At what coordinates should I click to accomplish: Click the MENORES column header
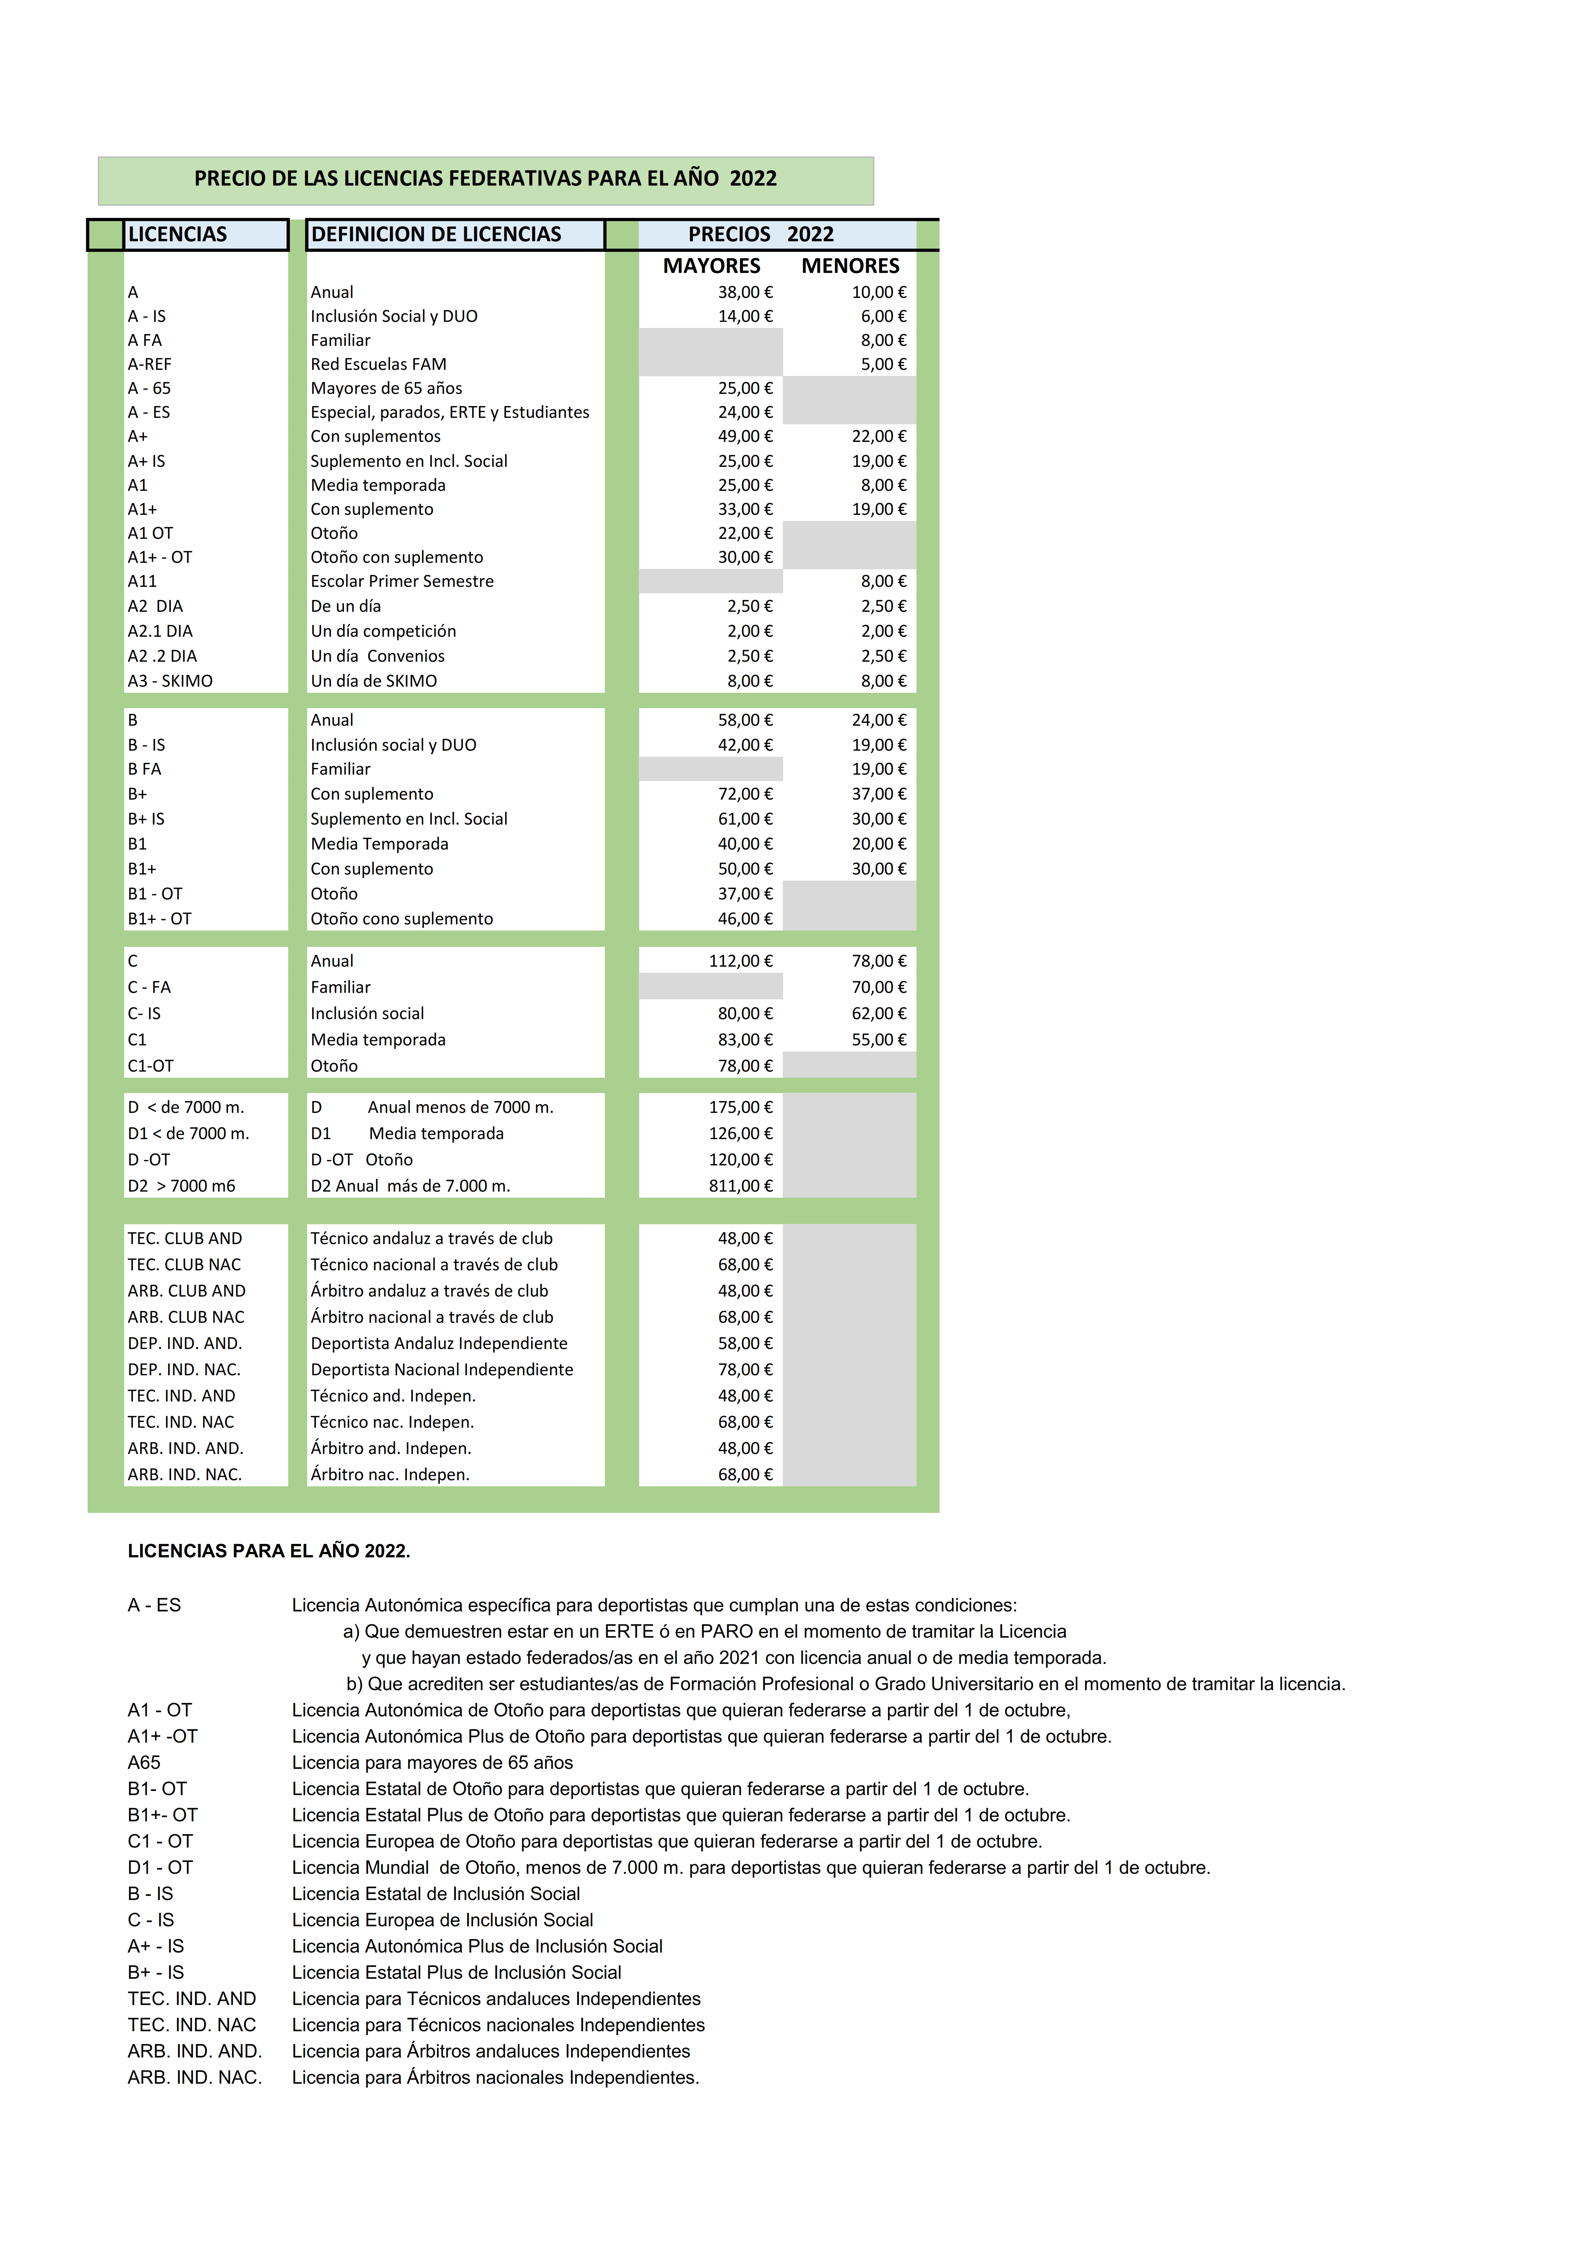(x=850, y=266)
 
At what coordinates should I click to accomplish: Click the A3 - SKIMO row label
(x=170, y=681)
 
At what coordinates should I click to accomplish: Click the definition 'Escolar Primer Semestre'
(x=402, y=581)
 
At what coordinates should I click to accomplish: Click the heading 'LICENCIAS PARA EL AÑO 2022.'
(x=269, y=1551)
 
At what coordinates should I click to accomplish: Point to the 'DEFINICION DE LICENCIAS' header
(x=436, y=235)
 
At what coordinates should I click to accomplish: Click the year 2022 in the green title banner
(x=753, y=179)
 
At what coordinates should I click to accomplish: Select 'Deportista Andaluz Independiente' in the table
(x=439, y=1344)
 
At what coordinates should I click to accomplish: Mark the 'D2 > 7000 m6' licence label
(x=182, y=1186)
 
